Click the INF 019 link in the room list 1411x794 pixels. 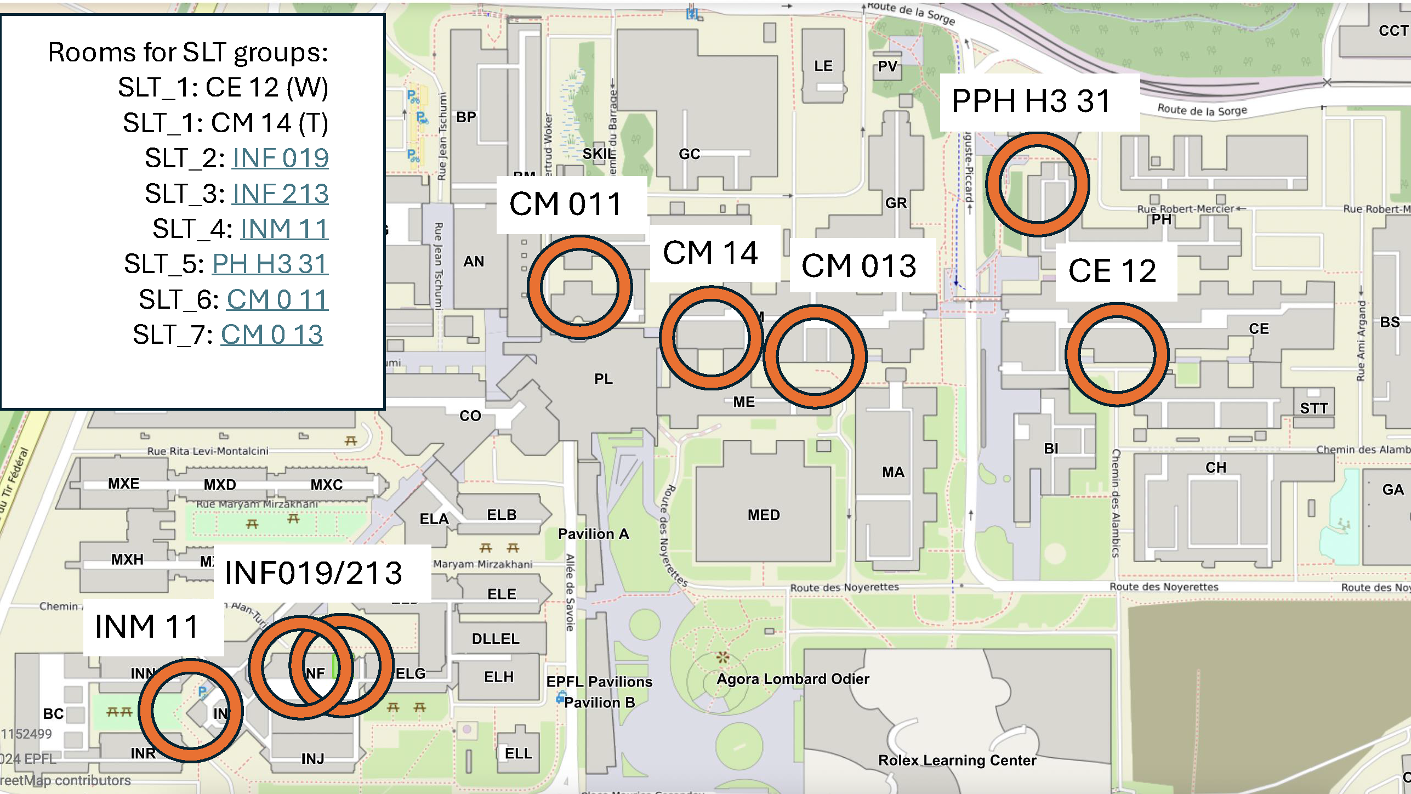280,158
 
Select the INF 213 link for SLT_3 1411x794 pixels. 280,194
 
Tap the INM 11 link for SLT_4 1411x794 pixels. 284,229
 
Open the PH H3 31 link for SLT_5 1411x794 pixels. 270,264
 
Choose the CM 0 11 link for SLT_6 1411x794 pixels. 277,300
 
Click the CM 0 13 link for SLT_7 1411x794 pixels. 271,335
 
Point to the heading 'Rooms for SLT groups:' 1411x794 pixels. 188,53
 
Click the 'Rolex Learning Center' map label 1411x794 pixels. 957,761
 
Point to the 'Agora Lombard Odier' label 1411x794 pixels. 793,679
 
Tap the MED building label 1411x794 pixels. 763,515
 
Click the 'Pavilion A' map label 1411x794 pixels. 593,534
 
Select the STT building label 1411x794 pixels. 1313,409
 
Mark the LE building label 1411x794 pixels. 823,66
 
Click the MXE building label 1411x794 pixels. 123,484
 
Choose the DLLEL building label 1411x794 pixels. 495,639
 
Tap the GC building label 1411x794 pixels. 689,155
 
